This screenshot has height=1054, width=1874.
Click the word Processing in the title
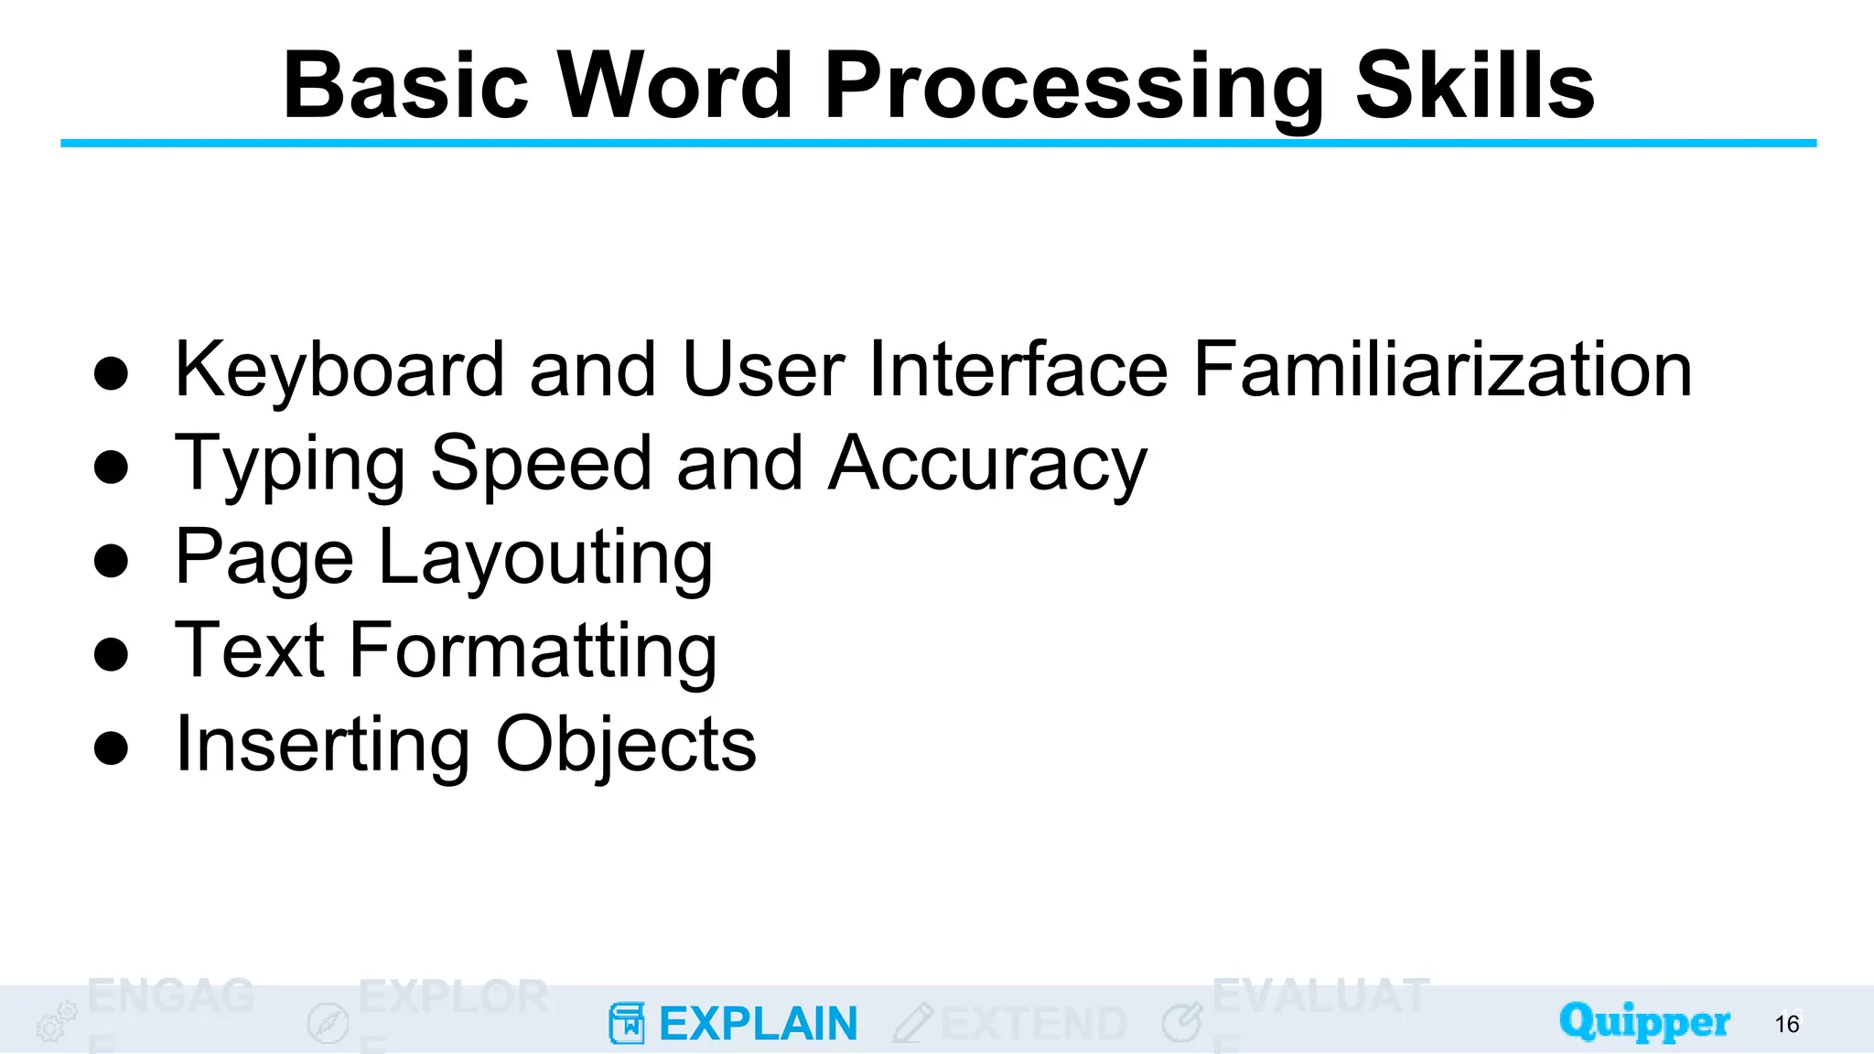pyautogui.click(x=1075, y=87)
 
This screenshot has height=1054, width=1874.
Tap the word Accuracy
pyautogui.click(x=987, y=465)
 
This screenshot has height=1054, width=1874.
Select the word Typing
pyautogui.click(x=290, y=465)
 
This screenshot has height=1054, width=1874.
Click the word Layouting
pyautogui.click(x=545, y=557)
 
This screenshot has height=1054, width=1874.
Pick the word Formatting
pyautogui.click(x=533, y=651)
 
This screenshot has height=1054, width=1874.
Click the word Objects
pyautogui.click(x=626, y=744)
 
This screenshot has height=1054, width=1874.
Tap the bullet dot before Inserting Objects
pyautogui.click(x=111, y=747)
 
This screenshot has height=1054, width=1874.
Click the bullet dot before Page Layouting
pyautogui.click(x=111, y=561)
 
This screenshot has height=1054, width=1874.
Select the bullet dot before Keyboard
pyautogui.click(x=111, y=373)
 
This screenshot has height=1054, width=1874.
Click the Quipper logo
pyautogui.click(x=1644, y=1021)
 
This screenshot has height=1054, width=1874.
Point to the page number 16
pyautogui.click(x=1786, y=1024)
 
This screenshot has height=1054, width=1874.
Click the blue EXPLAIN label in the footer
pyautogui.click(x=759, y=1024)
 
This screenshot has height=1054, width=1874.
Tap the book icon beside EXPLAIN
pyautogui.click(x=627, y=1023)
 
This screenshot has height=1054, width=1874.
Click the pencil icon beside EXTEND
pyautogui.click(x=912, y=1023)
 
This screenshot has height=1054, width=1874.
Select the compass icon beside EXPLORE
pyautogui.click(x=328, y=1023)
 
